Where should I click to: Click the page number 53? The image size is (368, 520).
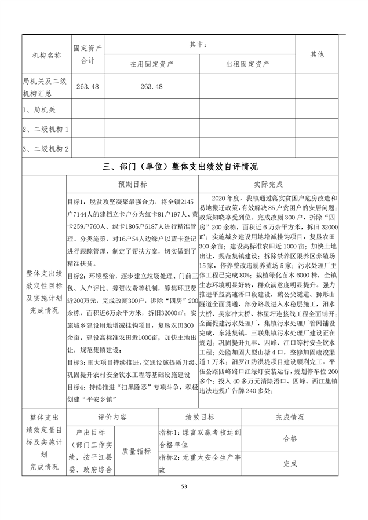point(184,486)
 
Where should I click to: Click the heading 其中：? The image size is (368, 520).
point(198,44)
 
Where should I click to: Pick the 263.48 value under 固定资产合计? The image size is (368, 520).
point(87,86)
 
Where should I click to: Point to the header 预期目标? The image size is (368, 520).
point(133,184)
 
